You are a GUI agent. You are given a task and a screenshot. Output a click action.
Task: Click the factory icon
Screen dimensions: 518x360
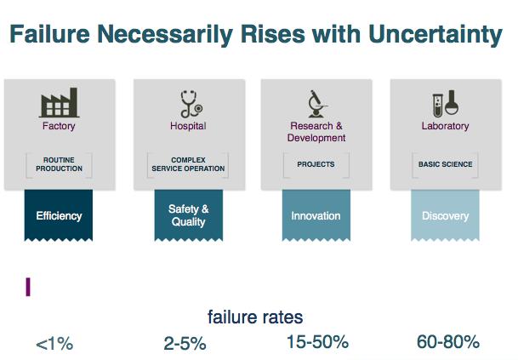pyautogui.click(x=60, y=102)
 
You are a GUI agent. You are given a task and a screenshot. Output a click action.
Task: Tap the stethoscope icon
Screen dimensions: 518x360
pyautogui.click(x=191, y=104)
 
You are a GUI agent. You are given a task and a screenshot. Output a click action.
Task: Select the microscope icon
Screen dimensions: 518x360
pyautogui.click(x=317, y=104)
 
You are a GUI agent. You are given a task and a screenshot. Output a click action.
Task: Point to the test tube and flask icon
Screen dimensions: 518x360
pyautogui.click(x=446, y=103)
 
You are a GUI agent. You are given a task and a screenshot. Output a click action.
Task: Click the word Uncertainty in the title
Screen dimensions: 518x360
pyautogui.click(x=435, y=34)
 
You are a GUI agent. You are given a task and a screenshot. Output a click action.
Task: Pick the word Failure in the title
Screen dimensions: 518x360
pyautogui.click(x=49, y=34)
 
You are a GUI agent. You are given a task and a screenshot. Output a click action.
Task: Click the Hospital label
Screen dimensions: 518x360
pyautogui.click(x=188, y=126)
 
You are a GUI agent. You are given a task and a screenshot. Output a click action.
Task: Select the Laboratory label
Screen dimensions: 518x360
pyautogui.click(x=446, y=126)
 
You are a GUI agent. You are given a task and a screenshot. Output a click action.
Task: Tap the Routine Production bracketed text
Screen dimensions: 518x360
pyautogui.click(x=60, y=164)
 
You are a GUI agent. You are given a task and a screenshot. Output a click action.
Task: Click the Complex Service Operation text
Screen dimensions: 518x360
pyautogui.click(x=188, y=164)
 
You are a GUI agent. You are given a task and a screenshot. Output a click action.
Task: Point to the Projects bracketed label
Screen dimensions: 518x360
pyautogui.click(x=316, y=164)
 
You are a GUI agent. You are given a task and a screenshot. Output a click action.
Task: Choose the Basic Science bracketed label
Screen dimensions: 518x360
pyautogui.click(x=446, y=164)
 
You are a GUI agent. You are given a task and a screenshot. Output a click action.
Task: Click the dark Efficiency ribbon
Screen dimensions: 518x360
pyautogui.click(x=59, y=215)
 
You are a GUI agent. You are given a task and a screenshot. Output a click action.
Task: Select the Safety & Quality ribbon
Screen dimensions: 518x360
pyautogui.click(x=189, y=215)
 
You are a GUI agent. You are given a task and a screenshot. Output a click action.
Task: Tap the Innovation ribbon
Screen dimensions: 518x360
pyautogui.click(x=316, y=215)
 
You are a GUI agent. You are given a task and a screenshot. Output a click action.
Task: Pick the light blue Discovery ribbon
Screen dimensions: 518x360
pyautogui.click(x=445, y=215)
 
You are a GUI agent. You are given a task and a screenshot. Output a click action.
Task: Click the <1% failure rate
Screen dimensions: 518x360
pyautogui.click(x=54, y=344)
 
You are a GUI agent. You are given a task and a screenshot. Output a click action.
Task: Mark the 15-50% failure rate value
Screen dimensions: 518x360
pyautogui.click(x=317, y=342)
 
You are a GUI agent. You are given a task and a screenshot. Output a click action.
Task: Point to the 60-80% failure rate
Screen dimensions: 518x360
pyautogui.click(x=448, y=342)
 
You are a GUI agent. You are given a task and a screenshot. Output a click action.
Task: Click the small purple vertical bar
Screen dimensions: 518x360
pyautogui.click(x=28, y=287)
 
